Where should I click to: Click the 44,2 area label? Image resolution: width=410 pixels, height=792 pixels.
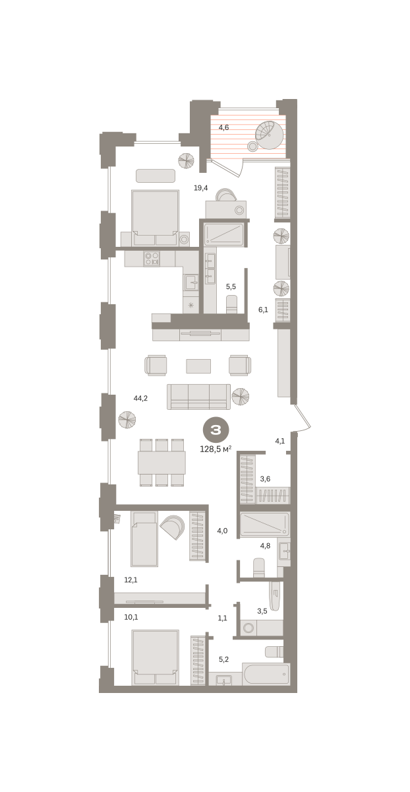tap(140, 398)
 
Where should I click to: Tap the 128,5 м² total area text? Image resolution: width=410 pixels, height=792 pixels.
tap(216, 449)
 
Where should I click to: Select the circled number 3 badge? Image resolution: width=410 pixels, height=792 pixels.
tap(216, 430)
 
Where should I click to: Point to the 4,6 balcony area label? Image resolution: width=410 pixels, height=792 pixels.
tap(223, 127)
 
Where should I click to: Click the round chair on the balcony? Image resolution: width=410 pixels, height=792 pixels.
tap(269, 135)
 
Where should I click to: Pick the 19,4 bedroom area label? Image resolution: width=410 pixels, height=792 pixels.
tap(200, 187)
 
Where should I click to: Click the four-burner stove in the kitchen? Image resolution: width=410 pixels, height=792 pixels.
tap(152, 259)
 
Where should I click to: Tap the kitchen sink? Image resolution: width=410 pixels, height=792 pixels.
tap(191, 282)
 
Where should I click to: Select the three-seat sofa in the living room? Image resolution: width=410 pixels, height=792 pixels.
tap(198, 397)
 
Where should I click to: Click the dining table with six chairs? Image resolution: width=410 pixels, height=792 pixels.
tap(161, 463)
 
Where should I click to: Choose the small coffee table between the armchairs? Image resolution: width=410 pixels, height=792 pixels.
tap(198, 366)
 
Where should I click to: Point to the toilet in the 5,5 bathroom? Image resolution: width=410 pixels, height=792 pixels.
tap(231, 304)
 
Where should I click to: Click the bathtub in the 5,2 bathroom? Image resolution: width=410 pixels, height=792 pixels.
tap(266, 674)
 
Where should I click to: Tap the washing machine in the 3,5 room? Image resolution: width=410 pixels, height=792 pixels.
tap(249, 628)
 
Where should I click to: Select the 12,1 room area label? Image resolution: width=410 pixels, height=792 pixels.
tap(131, 580)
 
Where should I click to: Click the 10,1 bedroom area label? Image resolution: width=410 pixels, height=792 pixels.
tap(131, 617)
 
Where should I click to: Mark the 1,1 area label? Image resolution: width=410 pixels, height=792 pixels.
tap(222, 618)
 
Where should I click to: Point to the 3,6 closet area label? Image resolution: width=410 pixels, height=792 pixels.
tap(265, 478)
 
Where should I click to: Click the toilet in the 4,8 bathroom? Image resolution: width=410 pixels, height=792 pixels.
tap(259, 568)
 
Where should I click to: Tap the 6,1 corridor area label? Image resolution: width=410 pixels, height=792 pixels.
tap(263, 310)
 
